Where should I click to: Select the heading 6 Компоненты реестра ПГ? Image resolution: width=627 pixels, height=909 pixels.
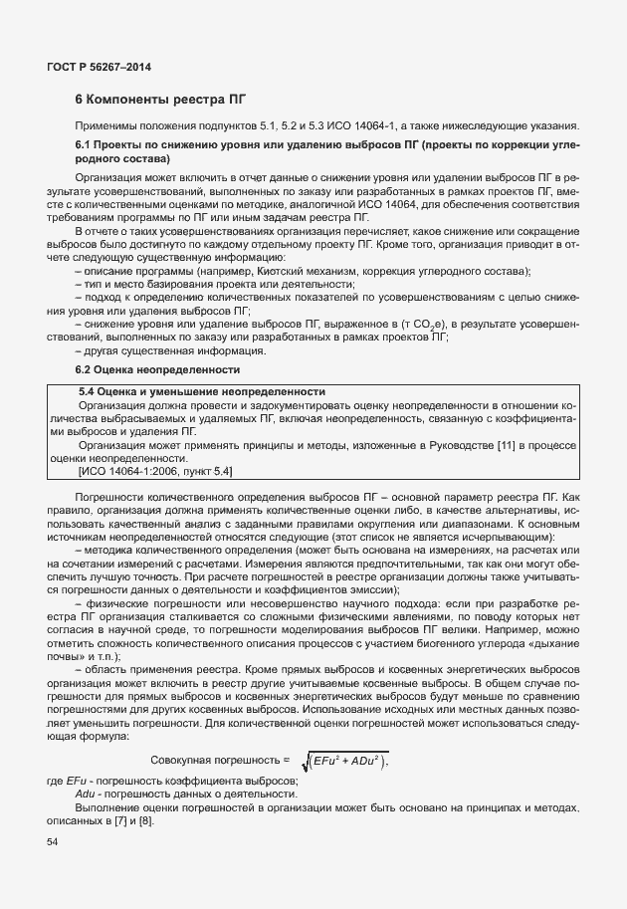pos(161,102)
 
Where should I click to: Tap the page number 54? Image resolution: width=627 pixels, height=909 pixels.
pos(53,842)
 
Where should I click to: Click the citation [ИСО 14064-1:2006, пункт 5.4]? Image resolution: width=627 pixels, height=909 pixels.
pos(155,470)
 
